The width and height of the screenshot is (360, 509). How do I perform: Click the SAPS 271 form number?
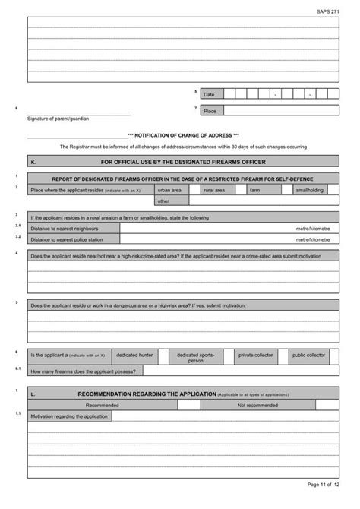(327, 12)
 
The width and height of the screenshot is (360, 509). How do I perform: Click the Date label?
(210, 94)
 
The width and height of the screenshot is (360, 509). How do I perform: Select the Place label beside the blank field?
(210, 110)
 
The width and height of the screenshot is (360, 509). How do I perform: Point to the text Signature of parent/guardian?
(58, 119)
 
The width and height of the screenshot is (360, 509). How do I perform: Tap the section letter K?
(33, 162)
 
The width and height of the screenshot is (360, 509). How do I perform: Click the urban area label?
(169, 190)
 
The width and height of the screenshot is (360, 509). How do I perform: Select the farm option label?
(254, 190)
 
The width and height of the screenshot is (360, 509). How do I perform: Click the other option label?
(163, 201)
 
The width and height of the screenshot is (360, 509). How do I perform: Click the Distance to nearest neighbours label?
(65, 228)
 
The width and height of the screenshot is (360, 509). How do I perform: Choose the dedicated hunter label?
(134, 355)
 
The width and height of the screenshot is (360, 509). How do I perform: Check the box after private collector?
(283, 356)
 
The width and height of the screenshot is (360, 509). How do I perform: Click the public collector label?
(309, 355)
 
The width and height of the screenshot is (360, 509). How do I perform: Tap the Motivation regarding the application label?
(69, 416)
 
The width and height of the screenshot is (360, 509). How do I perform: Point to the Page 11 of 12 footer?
(324, 483)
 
